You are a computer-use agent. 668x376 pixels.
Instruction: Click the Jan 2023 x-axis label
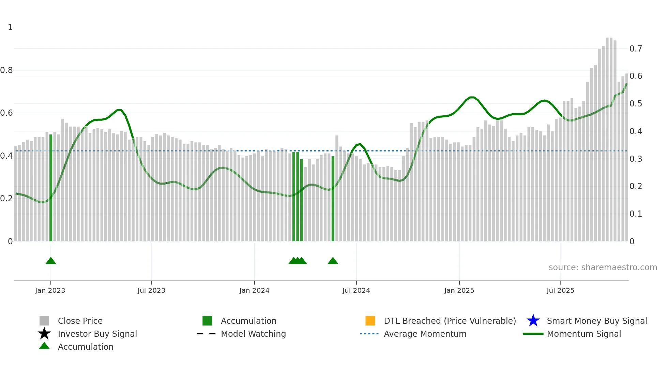click(x=50, y=290)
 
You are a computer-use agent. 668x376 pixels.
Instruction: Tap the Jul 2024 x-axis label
click(x=356, y=290)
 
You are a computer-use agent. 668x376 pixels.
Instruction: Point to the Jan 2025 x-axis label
click(x=459, y=290)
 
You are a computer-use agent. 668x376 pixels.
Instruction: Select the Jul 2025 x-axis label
click(x=560, y=290)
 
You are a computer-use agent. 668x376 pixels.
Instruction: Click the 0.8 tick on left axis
click(x=6, y=70)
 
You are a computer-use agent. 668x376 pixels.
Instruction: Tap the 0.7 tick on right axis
click(x=636, y=49)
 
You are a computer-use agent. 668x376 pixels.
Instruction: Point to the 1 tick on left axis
click(x=10, y=27)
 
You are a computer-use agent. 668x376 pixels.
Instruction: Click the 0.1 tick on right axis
click(x=636, y=214)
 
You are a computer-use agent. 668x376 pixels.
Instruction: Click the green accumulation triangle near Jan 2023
click(x=51, y=261)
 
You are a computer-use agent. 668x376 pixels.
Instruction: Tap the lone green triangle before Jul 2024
click(x=333, y=261)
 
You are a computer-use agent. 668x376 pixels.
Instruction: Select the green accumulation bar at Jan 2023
click(x=51, y=188)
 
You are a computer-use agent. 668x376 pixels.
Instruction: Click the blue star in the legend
click(x=533, y=321)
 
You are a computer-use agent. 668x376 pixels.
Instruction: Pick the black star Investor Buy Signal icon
click(x=44, y=334)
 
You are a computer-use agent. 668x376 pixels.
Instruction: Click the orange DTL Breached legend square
click(x=370, y=321)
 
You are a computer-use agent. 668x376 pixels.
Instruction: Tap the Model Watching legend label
click(x=253, y=334)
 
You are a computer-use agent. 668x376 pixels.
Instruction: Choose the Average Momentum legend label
click(x=425, y=334)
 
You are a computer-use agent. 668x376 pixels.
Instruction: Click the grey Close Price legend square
click(x=44, y=321)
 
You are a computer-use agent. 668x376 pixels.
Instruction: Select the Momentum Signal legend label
click(x=584, y=334)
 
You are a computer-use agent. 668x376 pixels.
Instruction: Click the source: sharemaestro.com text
click(x=603, y=267)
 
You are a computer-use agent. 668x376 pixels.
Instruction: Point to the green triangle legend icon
click(x=44, y=346)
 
